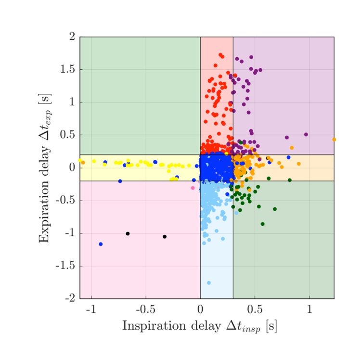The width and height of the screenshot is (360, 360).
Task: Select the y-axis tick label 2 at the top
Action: point(72,37)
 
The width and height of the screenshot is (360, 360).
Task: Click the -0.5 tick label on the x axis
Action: point(145,309)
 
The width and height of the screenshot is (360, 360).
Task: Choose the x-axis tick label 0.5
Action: point(255,309)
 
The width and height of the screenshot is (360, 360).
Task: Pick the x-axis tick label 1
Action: point(309,309)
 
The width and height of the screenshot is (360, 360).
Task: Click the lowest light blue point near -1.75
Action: point(209,283)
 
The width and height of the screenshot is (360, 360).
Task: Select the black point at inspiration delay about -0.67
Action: point(128,233)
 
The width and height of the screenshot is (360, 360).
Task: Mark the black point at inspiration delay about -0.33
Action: point(165,236)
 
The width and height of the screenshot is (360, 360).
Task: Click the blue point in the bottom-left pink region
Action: point(101,244)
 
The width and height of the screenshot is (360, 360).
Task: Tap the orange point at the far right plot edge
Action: point(334,140)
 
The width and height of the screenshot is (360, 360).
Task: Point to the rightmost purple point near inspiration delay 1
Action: point(306,134)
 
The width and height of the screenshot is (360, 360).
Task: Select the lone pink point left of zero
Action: point(193,188)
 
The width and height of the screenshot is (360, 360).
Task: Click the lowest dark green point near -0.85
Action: point(262,224)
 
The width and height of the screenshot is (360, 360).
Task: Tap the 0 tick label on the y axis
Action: point(72,168)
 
